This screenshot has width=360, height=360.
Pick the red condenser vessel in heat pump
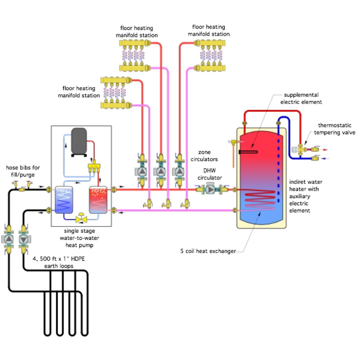tap(98, 201)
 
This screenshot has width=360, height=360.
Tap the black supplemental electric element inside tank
tap(248, 152)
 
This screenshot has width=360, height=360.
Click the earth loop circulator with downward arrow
tap(24, 239)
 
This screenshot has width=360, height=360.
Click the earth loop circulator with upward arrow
tap(9, 239)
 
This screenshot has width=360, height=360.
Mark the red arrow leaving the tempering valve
tap(326, 149)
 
